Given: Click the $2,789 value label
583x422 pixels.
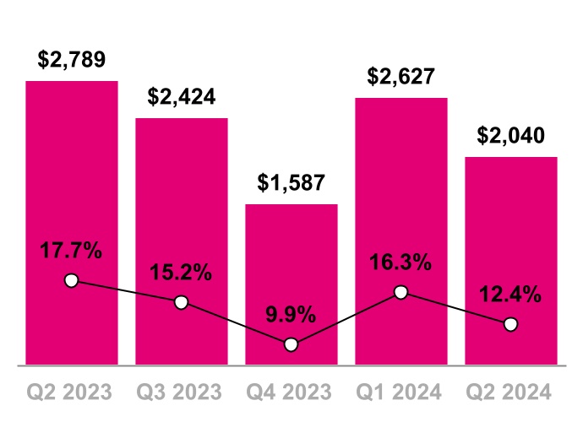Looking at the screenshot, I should pos(71,61).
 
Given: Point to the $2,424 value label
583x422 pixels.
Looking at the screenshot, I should pos(181,97).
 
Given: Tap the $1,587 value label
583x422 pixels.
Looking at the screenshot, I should pos(291,183).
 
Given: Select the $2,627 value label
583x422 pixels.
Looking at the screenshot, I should pos(400,77).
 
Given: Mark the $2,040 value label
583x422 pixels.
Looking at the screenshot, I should pos(510,136).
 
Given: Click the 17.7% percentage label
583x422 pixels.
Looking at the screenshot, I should pos(71,251).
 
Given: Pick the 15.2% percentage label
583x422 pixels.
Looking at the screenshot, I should pos(181,273).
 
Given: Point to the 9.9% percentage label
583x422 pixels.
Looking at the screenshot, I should pos(291,316).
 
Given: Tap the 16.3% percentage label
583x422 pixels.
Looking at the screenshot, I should pos(400,263).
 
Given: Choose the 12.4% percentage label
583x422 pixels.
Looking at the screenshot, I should pos(510,295).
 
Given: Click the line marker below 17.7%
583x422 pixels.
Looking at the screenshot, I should pos(71,280).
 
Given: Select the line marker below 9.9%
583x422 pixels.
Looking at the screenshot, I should pos(291,344).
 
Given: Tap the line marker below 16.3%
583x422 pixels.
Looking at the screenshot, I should pos(400,292).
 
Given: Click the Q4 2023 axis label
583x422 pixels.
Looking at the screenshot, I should pos(291,392).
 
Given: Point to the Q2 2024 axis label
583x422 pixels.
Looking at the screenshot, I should pos(510,392).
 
